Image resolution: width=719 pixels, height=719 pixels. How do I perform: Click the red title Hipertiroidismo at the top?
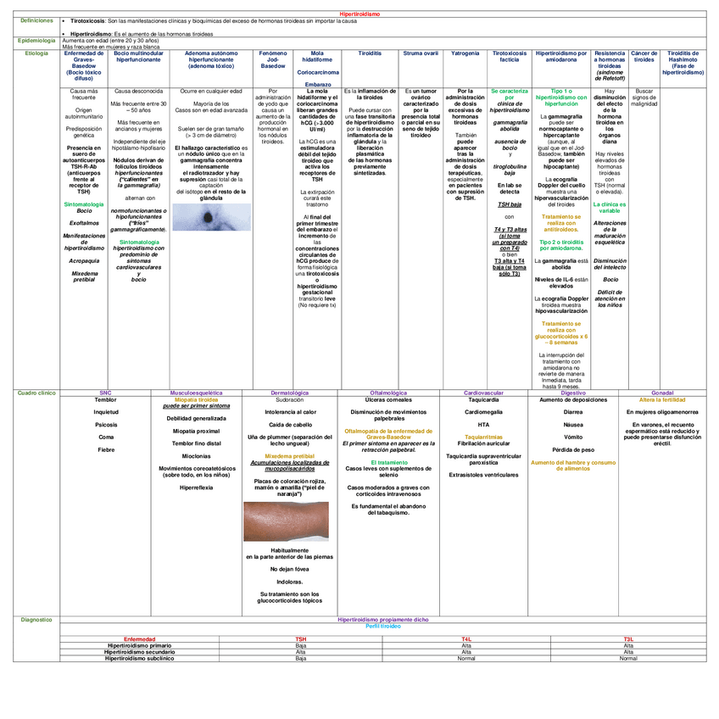point(359,14)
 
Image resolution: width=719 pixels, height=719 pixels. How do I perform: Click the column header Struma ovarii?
point(421,53)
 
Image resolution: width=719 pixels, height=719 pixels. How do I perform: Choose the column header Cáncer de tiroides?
point(644,57)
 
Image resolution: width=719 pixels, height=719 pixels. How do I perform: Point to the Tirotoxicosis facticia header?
point(509,57)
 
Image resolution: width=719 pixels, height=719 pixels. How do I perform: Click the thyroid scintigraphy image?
point(207,219)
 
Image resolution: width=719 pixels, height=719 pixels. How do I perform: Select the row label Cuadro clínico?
point(37,393)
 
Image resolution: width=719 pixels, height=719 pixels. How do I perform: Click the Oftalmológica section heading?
point(389,393)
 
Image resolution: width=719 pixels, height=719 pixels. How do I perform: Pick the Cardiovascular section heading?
point(484,393)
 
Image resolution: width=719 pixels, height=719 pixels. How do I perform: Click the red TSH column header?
point(301,638)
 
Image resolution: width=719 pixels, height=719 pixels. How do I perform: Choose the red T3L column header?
point(628,638)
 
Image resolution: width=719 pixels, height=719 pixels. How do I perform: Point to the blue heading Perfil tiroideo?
point(383,626)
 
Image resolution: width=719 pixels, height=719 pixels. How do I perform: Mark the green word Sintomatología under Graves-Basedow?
point(84,204)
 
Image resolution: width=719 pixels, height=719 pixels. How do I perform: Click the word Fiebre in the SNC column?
point(106,449)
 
